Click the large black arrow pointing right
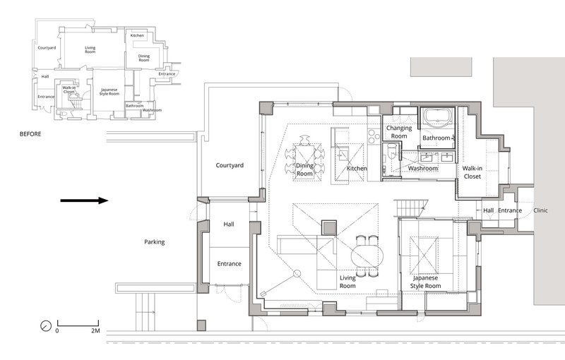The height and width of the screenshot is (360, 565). click(84, 200)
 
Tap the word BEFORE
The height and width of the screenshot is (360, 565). click(30, 134)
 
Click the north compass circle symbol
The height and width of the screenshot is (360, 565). click(46, 326)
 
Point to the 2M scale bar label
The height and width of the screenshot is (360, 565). click(95, 330)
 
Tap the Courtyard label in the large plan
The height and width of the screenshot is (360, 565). click(230, 165)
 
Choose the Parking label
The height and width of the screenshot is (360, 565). click(154, 242)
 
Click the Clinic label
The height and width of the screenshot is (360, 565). click(540, 210)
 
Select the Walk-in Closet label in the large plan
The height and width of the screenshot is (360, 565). click(472, 172)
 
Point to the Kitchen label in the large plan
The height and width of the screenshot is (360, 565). click(357, 168)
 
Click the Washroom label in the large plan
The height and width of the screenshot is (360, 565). click(423, 168)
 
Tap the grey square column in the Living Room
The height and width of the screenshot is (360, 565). click(329, 228)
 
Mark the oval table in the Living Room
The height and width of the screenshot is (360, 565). click(365, 256)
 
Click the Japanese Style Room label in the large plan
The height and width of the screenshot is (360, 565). click(426, 282)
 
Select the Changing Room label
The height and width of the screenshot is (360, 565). click(399, 132)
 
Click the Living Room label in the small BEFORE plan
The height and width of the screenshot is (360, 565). click(90, 49)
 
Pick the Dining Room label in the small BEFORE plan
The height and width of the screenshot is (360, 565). click(144, 58)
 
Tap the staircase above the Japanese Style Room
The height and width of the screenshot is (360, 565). click(411, 208)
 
